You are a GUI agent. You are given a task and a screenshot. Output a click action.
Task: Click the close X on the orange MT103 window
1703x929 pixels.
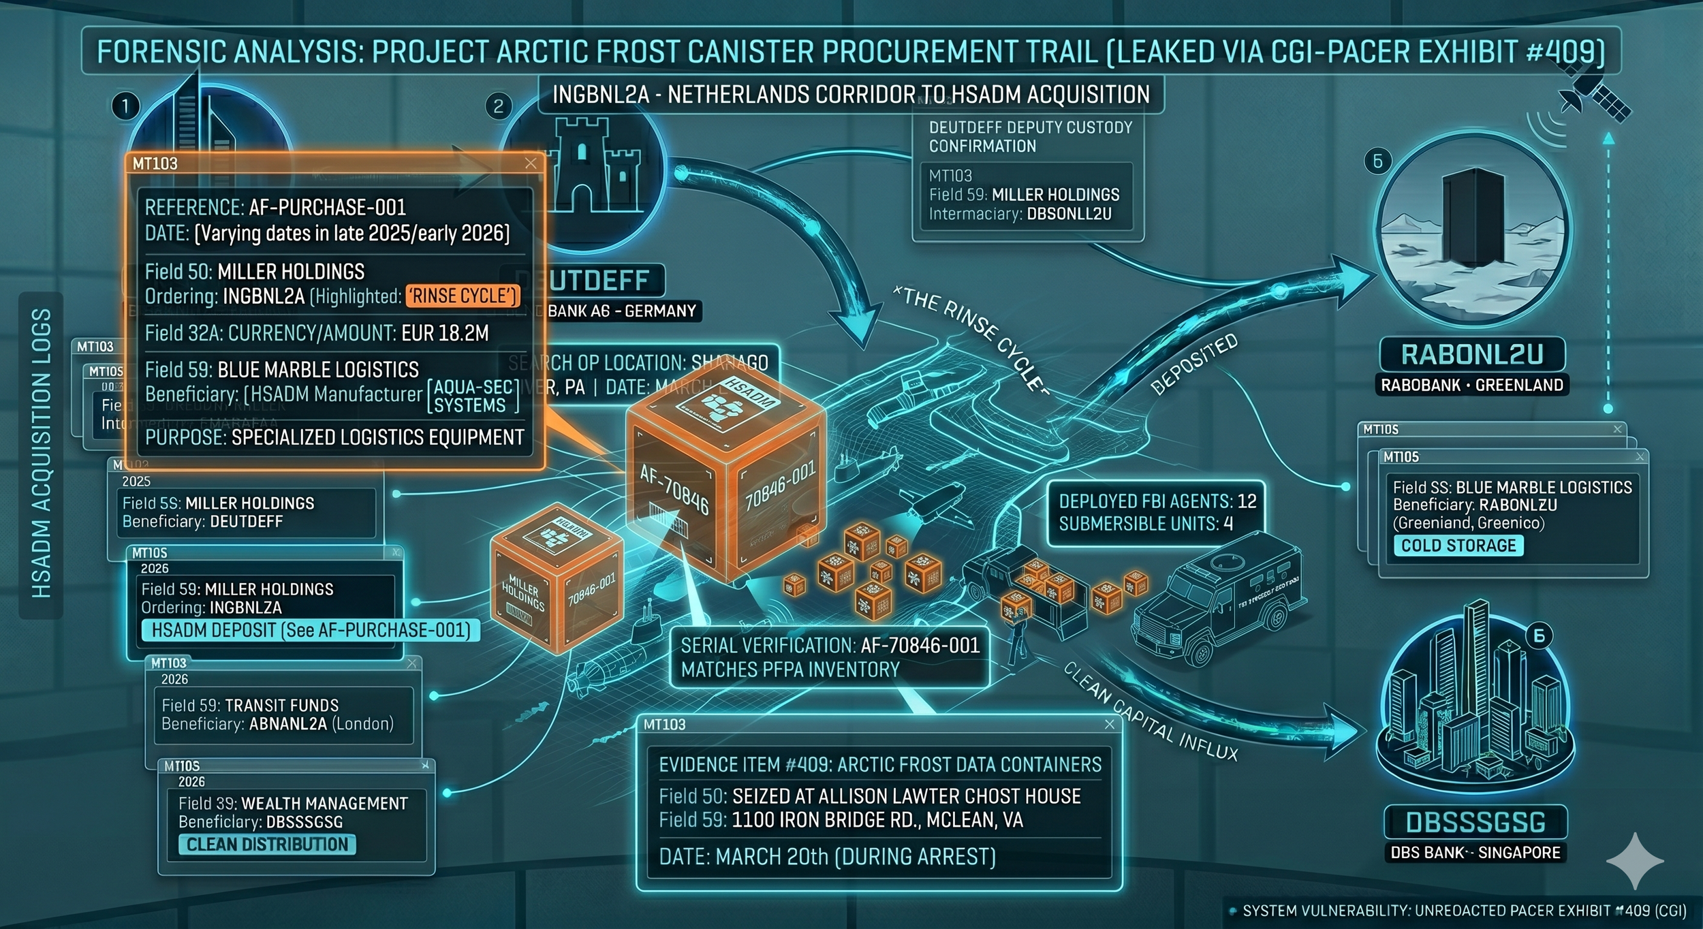pyautogui.click(x=531, y=163)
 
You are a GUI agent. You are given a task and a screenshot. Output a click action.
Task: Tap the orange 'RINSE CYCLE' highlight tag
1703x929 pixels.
pyautogui.click(x=463, y=296)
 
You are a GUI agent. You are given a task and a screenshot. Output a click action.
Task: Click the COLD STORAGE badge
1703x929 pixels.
pyautogui.click(x=1458, y=546)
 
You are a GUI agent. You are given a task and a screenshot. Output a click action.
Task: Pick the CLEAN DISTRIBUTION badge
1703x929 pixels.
pyautogui.click(x=267, y=845)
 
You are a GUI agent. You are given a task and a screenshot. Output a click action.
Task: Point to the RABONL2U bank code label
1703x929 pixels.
pyautogui.click(x=1472, y=355)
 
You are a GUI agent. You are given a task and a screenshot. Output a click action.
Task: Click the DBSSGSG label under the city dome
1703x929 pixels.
pyautogui.click(x=1475, y=823)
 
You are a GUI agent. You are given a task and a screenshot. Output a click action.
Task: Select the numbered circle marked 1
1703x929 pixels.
pyautogui.click(x=125, y=106)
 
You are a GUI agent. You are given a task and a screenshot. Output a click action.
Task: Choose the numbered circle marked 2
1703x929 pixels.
pyautogui.click(x=499, y=106)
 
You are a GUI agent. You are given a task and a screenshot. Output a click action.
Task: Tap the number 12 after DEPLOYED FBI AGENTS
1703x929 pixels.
pyautogui.click(x=1247, y=502)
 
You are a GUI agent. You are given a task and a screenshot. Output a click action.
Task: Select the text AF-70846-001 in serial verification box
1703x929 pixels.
pyautogui.click(x=920, y=646)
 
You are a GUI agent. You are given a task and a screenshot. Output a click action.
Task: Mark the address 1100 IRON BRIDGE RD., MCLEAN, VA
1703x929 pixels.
pyautogui.click(x=877, y=820)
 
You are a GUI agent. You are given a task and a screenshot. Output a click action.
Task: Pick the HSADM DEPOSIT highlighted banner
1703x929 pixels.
pyautogui.click(x=311, y=631)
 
